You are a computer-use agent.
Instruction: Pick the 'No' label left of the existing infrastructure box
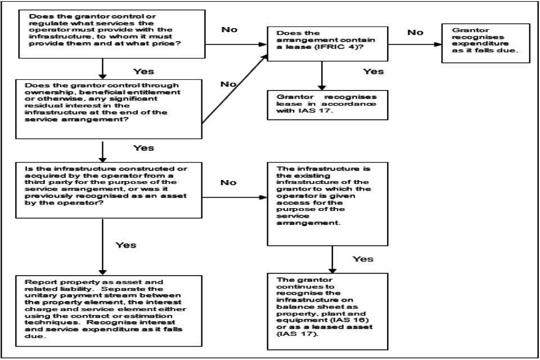click(229, 183)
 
